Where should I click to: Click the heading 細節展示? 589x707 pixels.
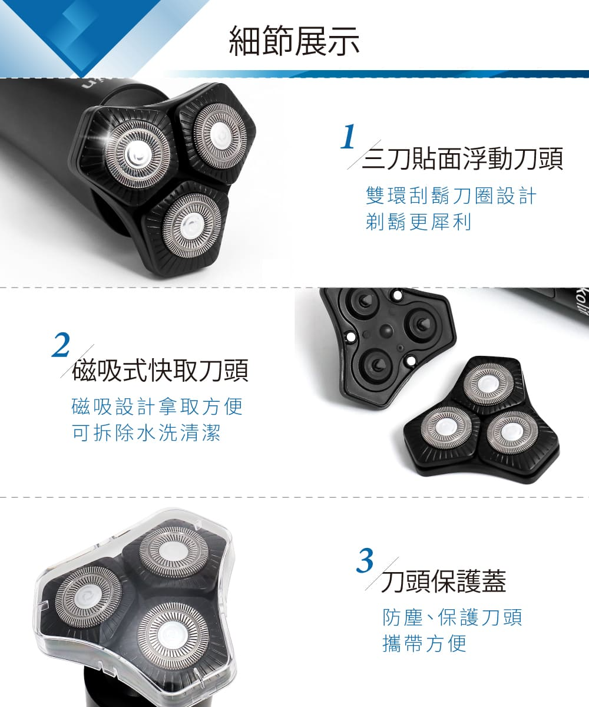tap(294, 42)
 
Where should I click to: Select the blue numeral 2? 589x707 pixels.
tap(61, 345)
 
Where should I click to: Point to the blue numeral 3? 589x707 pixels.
tap(365, 561)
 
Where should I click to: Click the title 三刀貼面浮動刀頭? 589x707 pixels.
tap(462, 158)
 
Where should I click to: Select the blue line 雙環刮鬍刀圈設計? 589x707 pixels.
tap(451, 196)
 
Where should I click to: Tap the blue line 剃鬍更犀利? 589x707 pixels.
tap(418, 223)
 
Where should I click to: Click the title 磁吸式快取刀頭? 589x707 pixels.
tap(160, 370)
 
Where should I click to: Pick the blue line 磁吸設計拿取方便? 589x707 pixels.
tap(157, 407)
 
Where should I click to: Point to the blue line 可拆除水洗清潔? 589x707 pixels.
tap(147, 433)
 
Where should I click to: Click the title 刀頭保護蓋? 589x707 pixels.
tap(444, 581)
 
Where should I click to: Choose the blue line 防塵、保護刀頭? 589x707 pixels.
tap(452, 617)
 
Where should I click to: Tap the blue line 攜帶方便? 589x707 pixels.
tap(425, 644)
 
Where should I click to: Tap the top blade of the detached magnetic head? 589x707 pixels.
tap(488, 385)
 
